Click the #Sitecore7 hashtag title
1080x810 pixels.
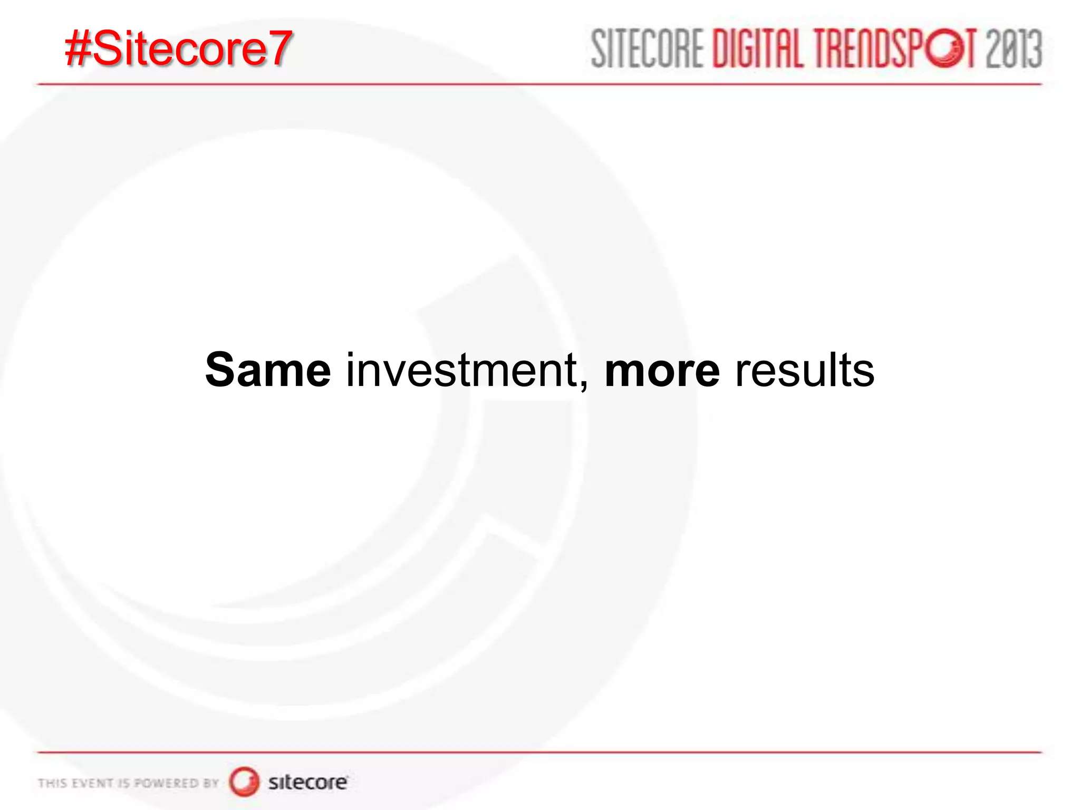click(x=178, y=49)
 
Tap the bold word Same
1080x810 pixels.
click(x=268, y=370)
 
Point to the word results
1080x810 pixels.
click(x=805, y=370)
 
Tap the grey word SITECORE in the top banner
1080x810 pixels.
click(x=648, y=49)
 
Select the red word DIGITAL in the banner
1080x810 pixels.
click(x=758, y=49)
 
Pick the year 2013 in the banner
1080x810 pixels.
click(x=1014, y=49)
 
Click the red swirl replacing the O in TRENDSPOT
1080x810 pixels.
click(x=946, y=49)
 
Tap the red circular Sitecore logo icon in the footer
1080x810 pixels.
click(x=244, y=782)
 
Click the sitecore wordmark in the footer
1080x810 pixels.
click(x=308, y=782)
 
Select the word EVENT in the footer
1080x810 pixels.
click(x=92, y=783)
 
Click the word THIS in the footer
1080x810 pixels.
click(x=52, y=783)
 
